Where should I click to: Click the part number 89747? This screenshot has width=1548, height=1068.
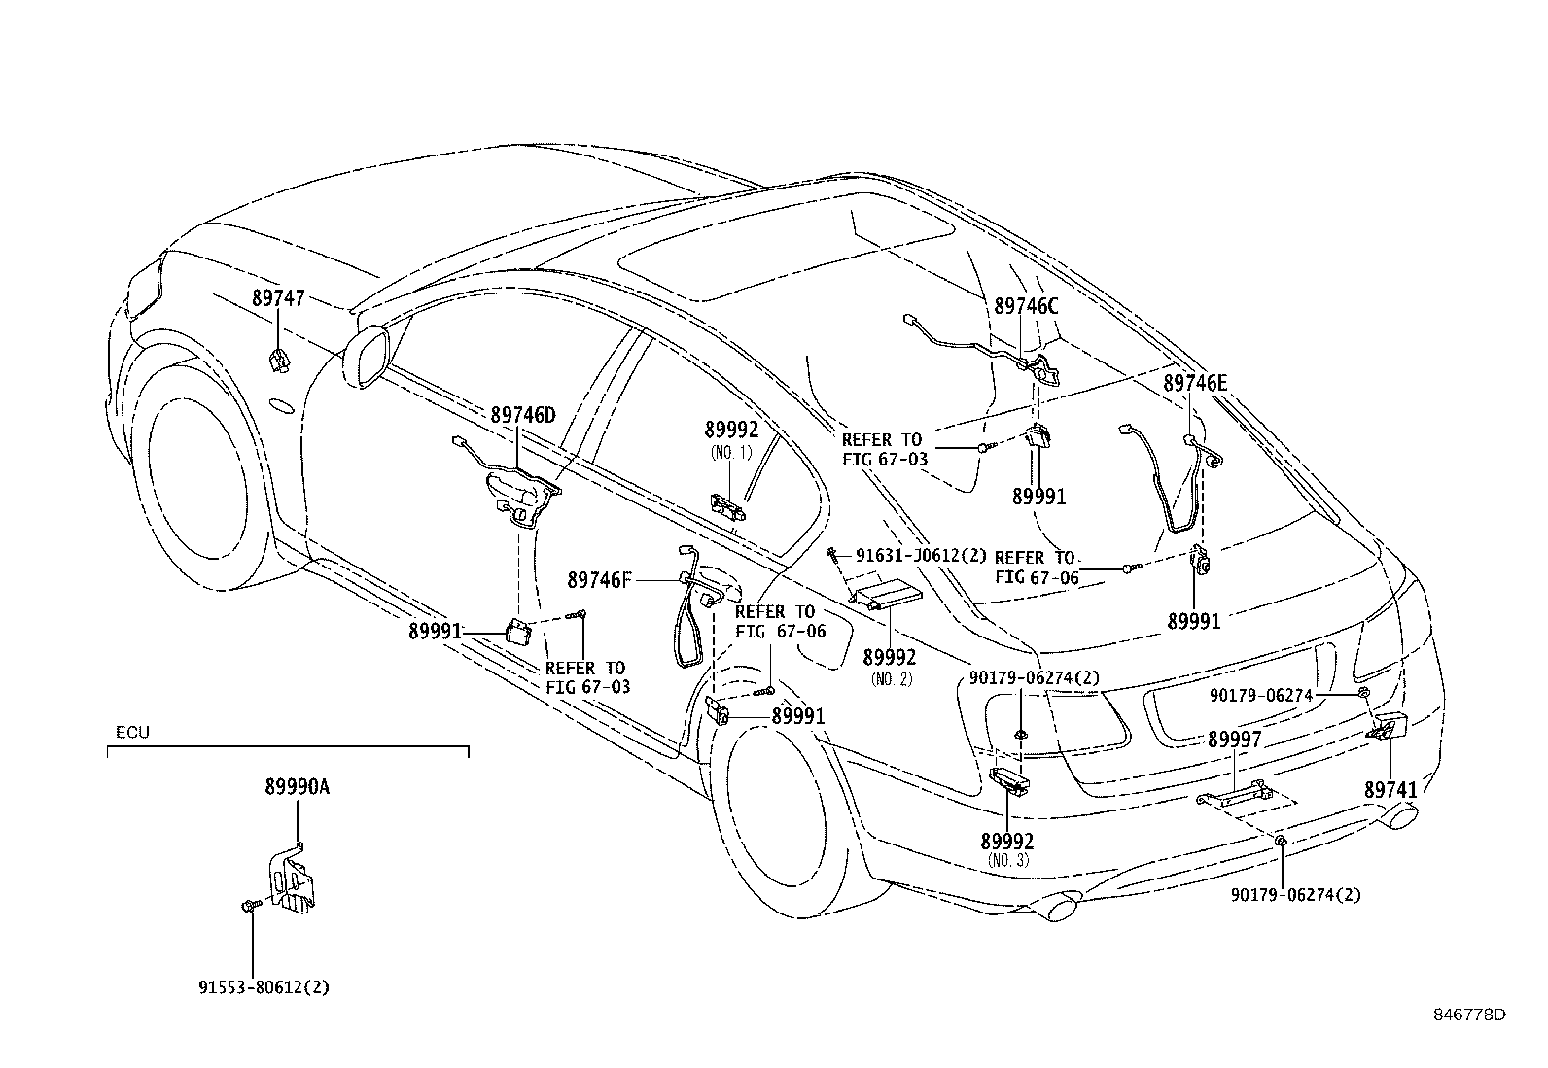tap(278, 298)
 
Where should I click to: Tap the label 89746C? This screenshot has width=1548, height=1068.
tap(1026, 306)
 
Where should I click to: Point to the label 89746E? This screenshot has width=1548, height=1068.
tap(1195, 384)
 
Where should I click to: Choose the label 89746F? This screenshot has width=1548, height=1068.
tap(599, 580)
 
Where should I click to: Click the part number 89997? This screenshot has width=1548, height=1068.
tap(1235, 741)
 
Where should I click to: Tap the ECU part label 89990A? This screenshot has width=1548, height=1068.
tap(297, 788)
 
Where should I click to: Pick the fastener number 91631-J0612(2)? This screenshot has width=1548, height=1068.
tap(921, 556)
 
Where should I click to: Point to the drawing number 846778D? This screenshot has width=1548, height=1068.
tap(1469, 1015)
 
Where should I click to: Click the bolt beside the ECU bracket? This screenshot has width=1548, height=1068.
tap(246, 906)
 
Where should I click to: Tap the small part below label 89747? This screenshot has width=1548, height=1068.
tap(279, 359)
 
